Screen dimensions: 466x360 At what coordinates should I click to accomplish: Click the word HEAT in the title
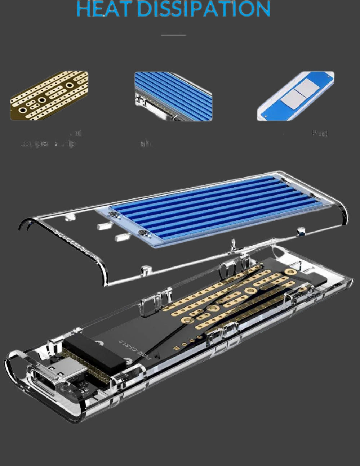click(103, 9)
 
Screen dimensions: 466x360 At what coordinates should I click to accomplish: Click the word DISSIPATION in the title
click(204, 9)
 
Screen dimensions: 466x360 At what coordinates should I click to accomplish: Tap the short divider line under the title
click(173, 35)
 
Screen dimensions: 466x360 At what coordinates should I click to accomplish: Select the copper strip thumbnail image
click(49, 95)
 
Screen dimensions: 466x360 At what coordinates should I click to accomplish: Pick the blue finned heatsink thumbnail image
click(173, 96)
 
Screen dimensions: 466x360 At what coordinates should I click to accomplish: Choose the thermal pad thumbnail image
click(295, 96)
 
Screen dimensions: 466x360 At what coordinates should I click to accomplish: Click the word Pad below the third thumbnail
click(320, 133)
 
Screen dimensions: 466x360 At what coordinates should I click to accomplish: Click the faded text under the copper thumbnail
click(49, 143)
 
